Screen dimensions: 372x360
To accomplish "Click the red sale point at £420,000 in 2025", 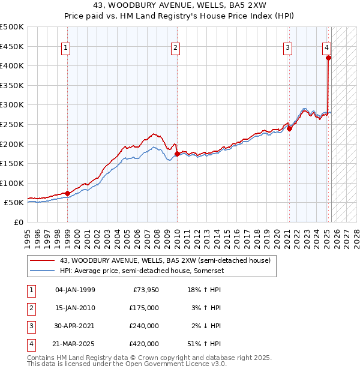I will click(x=328, y=58).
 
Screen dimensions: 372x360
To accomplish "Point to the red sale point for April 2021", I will click(x=289, y=128).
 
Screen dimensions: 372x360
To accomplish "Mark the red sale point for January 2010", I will click(x=177, y=154).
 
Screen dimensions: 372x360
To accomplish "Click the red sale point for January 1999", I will click(x=67, y=193).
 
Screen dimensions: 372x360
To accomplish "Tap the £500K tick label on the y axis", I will click(x=12, y=27).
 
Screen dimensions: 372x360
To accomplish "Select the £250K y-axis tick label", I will click(x=12, y=124).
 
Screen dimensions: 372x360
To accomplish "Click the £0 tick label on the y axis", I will click(x=19, y=222).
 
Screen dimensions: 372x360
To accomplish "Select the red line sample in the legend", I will click(x=42, y=260).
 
